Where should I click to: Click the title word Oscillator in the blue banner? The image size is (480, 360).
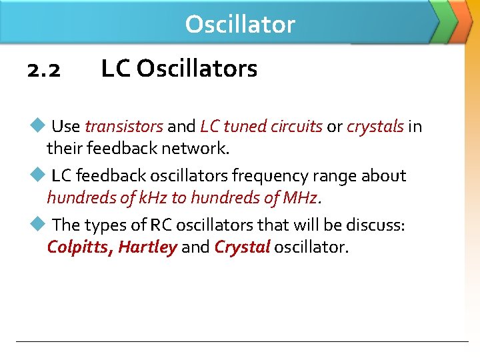point(239,24)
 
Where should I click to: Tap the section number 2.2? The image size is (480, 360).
point(44,69)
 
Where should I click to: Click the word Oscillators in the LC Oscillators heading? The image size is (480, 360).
point(197,68)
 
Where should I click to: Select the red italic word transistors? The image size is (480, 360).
point(124,126)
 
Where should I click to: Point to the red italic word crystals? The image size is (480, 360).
point(375,126)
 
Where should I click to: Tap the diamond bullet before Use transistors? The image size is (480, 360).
point(37,125)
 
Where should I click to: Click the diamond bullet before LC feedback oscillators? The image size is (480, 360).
point(37,175)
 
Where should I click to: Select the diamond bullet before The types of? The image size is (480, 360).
point(37,224)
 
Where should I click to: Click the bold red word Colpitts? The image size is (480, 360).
point(79,248)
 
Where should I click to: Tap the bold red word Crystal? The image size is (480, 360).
point(242,248)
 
